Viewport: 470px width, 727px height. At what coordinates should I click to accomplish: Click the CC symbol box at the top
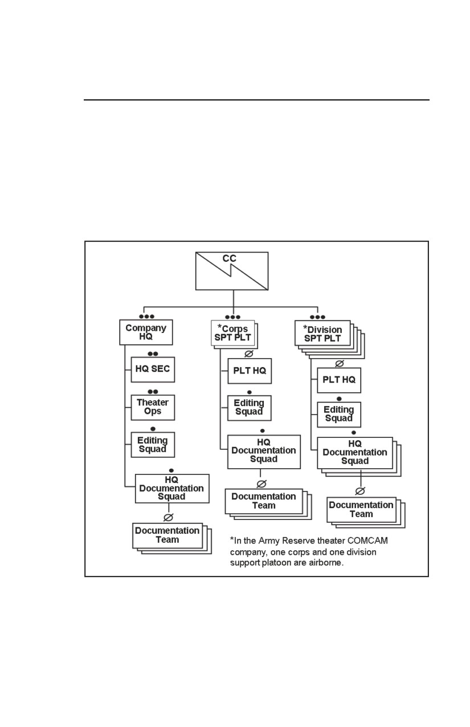click(232, 271)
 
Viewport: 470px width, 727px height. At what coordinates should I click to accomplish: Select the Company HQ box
click(146, 332)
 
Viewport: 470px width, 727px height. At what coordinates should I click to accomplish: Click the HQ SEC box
click(153, 369)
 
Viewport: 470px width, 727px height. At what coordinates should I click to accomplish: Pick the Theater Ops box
click(153, 407)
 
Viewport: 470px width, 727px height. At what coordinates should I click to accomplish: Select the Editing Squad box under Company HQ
click(153, 445)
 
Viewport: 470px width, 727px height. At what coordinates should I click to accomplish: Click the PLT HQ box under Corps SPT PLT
click(250, 371)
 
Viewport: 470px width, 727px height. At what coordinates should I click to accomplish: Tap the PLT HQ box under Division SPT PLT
click(338, 380)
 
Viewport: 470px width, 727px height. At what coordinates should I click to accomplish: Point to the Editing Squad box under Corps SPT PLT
click(249, 408)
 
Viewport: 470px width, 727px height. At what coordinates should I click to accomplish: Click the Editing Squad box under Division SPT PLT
click(338, 415)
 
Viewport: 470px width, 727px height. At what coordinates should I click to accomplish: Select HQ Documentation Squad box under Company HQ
click(172, 489)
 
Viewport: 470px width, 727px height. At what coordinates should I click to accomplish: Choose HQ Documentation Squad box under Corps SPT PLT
click(264, 452)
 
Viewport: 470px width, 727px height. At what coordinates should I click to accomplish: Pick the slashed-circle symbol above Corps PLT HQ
click(249, 354)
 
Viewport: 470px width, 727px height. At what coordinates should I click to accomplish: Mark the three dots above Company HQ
click(146, 316)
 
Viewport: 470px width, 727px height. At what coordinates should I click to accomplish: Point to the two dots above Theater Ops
click(153, 392)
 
